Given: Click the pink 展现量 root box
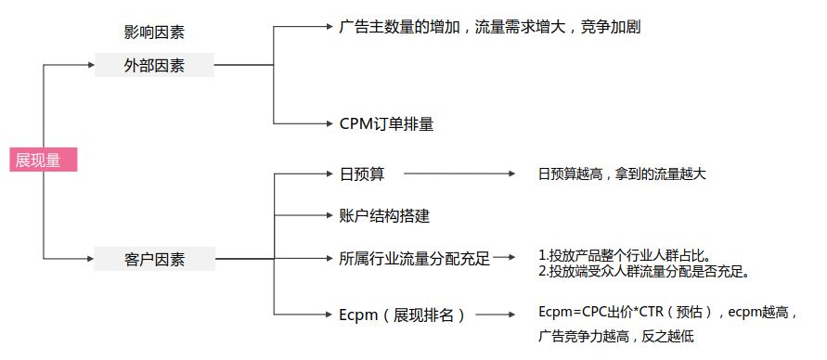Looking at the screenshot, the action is [44, 160].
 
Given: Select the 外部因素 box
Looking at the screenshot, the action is [154, 65].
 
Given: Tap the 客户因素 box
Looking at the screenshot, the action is [154, 259].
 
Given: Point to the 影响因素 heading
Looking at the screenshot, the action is [154, 32].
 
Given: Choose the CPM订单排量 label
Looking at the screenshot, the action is [387, 124].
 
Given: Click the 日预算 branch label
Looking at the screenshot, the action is [362, 174].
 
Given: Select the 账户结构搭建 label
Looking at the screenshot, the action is [385, 215].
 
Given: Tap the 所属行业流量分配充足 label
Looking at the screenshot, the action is [415, 258].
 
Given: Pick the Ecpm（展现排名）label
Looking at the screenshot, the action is [403, 315].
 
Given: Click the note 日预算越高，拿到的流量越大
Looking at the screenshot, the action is [622, 174].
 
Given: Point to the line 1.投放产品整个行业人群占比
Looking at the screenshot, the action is [625, 257].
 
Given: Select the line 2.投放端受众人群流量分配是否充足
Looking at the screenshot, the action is [644, 272].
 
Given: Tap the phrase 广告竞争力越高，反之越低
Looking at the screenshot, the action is [616, 336].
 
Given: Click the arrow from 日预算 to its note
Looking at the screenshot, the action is [459, 174].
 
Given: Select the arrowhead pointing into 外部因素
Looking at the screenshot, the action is [91, 65].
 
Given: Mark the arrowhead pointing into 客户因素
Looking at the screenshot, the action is [90, 259].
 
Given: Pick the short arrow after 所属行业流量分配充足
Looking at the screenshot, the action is [504, 258].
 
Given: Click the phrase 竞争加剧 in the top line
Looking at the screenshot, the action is [610, 26].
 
